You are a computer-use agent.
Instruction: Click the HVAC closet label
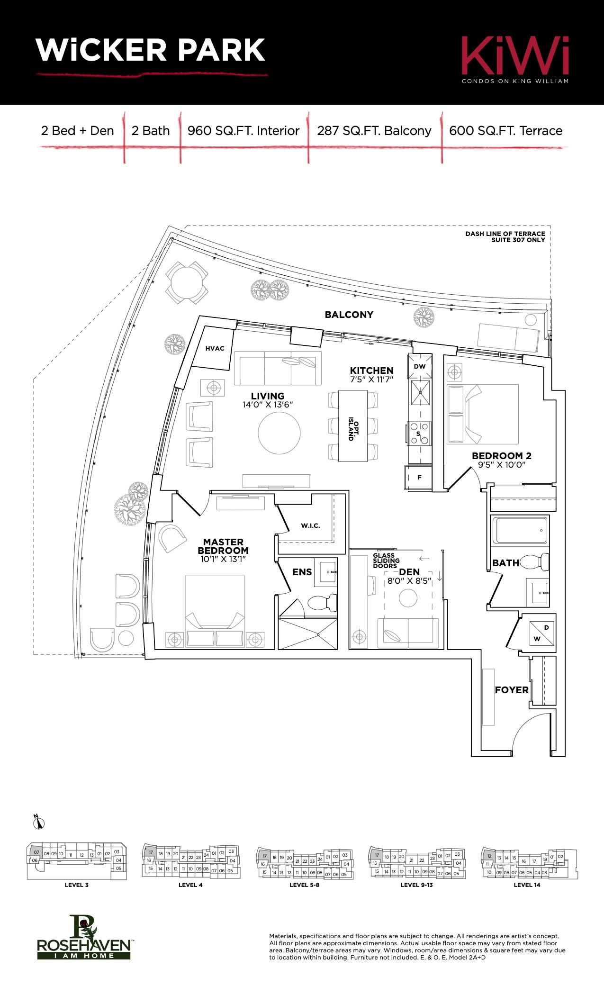tap(215, 348)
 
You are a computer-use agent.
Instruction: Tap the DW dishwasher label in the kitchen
tap(420, 366)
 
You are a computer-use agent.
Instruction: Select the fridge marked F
tap(418, 477)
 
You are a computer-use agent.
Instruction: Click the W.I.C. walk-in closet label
tap(310, 525)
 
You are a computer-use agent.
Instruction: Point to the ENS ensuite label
tap(302, 572)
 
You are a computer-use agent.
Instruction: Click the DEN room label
tap(409, 572)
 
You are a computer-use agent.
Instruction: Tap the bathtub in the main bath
tap(520, 530)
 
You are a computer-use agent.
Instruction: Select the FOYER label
tap(512, 690)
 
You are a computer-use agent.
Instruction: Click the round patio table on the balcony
tap(187, 283)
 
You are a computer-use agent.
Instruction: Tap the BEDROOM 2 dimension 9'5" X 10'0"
tap(502, 465)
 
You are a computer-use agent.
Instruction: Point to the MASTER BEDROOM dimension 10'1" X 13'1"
tap(223, 559)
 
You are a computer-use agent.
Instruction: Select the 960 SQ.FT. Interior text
tap(243, 131)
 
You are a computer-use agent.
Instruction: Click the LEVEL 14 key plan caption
tap(527, 885)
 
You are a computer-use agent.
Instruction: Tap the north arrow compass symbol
tap(39, 823)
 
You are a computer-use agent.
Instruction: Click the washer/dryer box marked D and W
tap(541, 633)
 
